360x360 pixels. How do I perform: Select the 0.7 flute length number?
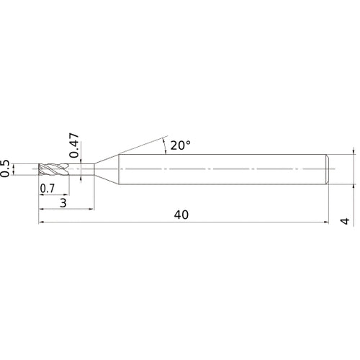coord(48,189)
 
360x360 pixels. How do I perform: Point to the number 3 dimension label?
coord(64,204)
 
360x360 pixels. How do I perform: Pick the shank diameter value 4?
coord(346,222)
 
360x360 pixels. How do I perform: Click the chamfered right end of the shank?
coord(329,169)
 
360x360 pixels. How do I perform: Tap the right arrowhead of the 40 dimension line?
coord(328,223)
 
